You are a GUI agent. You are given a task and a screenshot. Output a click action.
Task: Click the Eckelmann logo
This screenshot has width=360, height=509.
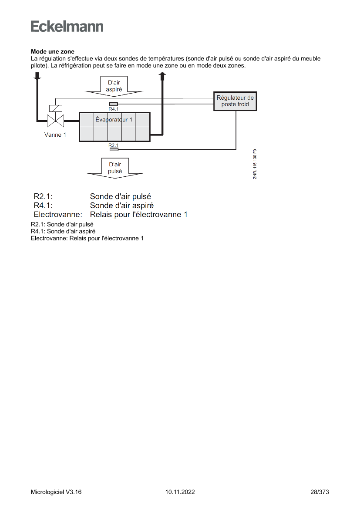coord(67,27)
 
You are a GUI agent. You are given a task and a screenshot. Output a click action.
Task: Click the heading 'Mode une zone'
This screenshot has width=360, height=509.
coord(52,52)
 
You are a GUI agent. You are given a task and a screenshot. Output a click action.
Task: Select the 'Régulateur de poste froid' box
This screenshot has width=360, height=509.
coord(235,101)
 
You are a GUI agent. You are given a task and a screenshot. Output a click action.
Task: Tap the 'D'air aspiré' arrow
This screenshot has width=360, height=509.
coord(114,86)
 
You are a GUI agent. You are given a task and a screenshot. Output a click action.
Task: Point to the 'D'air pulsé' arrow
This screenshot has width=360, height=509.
coord(115,168)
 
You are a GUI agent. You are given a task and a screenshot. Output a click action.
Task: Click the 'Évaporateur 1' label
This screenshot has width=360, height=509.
coord(114,119)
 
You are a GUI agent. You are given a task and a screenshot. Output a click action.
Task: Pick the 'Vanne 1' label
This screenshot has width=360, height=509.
coord(55,135)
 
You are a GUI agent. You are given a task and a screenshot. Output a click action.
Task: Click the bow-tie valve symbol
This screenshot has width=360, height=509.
coord(55,118)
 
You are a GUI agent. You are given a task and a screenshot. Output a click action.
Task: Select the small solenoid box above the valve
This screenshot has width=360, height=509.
coord(56,108)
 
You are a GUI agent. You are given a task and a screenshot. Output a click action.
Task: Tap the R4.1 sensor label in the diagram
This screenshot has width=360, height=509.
coord(113,109)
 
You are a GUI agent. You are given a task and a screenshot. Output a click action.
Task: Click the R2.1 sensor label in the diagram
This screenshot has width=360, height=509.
coord(113,145)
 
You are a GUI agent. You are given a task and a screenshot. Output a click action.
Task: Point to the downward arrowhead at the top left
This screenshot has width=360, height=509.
coord(37,77)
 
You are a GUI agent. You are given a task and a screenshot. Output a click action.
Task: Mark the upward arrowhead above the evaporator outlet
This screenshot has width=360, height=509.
coord(162,77)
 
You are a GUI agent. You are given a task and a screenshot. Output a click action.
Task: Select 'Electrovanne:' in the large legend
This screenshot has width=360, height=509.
coord(58,215)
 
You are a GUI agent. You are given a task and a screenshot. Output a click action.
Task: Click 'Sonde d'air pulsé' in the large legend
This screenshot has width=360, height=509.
coord(121,197)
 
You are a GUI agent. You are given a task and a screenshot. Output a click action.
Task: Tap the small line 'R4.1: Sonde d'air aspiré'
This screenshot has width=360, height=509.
coord(63,231)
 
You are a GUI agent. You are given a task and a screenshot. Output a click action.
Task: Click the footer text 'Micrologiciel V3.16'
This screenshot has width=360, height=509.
coord(56,492)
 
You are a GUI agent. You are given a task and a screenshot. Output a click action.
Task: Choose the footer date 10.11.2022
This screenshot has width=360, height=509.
coord(180,492)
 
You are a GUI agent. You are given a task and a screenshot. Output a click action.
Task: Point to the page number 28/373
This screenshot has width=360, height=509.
coord(320,492)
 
